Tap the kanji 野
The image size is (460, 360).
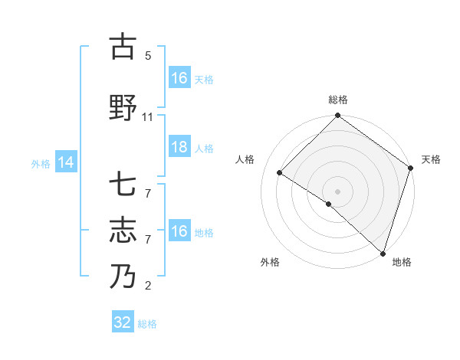click(x=123, y=108)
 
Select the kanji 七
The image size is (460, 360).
click(x=123, y=186)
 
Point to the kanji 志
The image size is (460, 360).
click(x=123, y=230)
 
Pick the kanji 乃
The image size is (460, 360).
click(x=123, y=275)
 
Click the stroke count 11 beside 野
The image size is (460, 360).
click(x=148, y=117)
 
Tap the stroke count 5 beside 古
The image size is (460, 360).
click(x=148, y=56)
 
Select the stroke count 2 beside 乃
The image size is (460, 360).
click(x=148, y=286)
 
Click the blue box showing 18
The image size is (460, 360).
click(x=179, y=147)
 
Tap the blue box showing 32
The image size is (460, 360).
click(x=123, y=322)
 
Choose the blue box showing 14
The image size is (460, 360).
click(x=66, y=162)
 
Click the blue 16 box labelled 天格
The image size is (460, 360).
click(x=179, y=77)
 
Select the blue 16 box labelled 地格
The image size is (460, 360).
click(x=179, y=231)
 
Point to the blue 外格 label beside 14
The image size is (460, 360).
click(x=41, y=163)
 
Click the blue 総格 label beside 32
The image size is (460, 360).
click(x=147, y=324)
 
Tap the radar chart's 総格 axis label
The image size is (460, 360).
click(x=338, y=100)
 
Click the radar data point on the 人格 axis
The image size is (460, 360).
click(x=280, y=173)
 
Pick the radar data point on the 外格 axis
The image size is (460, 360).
click(x=329, y=204)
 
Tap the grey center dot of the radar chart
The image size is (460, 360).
click(x=337, y=191)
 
